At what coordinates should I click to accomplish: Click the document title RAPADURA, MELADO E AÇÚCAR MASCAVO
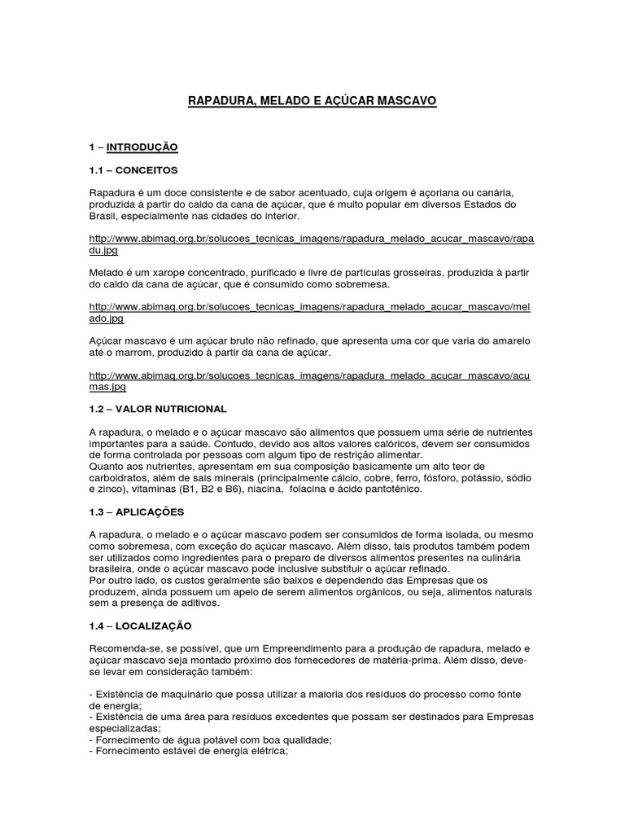click(312, 101)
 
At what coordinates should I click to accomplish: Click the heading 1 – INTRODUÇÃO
click(133, 147)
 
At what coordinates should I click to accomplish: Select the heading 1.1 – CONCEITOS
click(133, 169)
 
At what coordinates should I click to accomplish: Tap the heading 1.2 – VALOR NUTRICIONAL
click(158, 408)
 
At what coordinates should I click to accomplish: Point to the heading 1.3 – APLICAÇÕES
click(137, 511)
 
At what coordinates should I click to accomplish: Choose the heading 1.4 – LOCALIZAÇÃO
click(140, 625)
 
